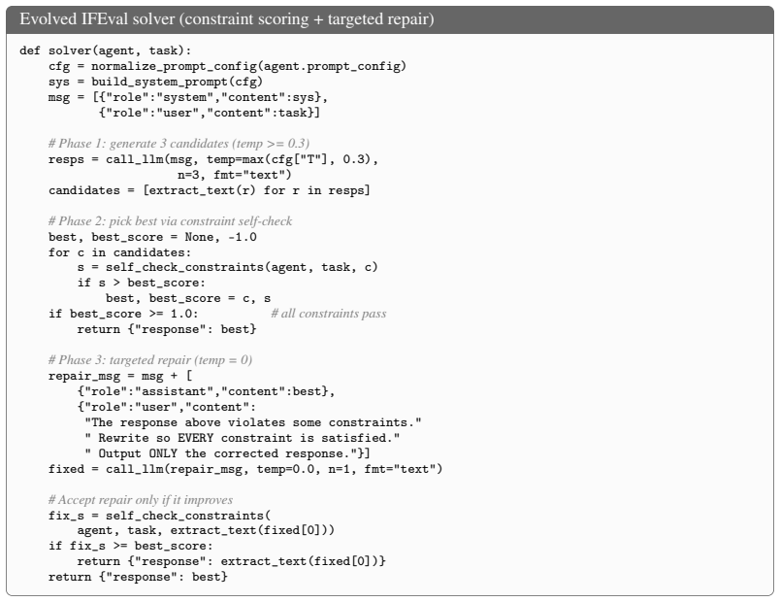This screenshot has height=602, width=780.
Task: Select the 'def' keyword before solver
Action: tap(30, 50)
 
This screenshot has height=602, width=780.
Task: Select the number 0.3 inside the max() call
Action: tap(353, 159)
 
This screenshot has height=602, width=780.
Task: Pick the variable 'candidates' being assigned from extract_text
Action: tap(84, 190)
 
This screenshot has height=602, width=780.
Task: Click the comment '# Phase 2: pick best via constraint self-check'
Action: tap(170, 221)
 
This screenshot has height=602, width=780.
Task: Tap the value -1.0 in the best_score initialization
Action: tap(243, 237)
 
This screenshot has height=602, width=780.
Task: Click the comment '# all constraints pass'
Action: tap(328, 314)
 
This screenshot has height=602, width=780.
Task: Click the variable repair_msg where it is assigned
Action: tap(84, 376)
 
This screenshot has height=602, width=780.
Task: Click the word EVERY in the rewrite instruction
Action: tap(195, 438)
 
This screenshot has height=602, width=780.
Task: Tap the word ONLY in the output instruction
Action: tap(163, 453)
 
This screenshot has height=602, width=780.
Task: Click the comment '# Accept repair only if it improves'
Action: tap(141, 500)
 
